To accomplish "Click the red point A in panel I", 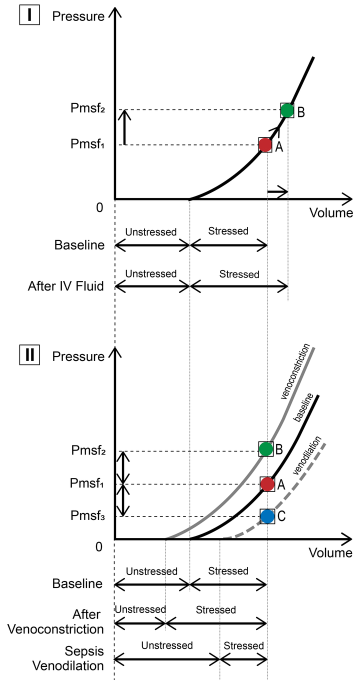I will (265, 145).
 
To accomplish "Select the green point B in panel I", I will (287, 110).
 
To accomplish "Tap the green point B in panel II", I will (266, 449).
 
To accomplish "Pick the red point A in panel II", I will (267, 484).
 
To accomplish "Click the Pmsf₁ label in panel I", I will (87, 145).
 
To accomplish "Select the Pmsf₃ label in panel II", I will (87, 516).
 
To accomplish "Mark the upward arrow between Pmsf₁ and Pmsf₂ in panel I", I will (126, 127).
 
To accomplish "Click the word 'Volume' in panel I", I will (331, 213).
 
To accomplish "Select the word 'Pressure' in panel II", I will (78, 356).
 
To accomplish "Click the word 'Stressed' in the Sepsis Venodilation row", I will (243, 645).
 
